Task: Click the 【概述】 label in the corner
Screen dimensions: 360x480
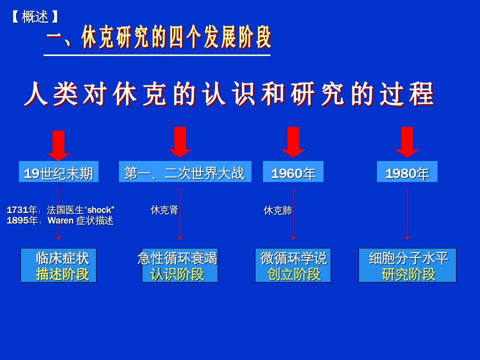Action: (35, 16)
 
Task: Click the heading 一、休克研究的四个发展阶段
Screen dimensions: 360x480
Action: (159, 37)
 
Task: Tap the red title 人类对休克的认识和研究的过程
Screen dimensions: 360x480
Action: (230, 94)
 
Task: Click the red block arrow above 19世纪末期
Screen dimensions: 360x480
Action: (58, 145)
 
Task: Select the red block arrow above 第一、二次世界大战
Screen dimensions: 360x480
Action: (180, 141)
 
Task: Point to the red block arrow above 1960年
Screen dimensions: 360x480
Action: (293, 141)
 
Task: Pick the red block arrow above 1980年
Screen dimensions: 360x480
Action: (407, 141)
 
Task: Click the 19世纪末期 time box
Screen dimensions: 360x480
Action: (58, 172)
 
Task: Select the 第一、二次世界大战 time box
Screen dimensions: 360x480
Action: (185, 172)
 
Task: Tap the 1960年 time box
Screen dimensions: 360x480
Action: (293, 172)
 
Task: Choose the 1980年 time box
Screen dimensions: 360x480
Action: (407, 172)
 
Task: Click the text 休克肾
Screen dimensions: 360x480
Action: (164, 210)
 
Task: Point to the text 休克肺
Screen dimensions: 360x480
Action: (277, 210)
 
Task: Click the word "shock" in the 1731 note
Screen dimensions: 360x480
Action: (100, 210)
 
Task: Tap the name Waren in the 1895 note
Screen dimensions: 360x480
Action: (60, 220)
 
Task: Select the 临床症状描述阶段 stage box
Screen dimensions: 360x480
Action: (58, 265)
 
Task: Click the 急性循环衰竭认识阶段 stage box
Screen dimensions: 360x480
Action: (179, 265)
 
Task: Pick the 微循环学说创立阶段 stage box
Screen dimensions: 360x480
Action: (293, 265)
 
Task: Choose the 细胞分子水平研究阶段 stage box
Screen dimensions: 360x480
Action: (407, 265)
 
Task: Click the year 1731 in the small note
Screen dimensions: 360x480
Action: (17, 210)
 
